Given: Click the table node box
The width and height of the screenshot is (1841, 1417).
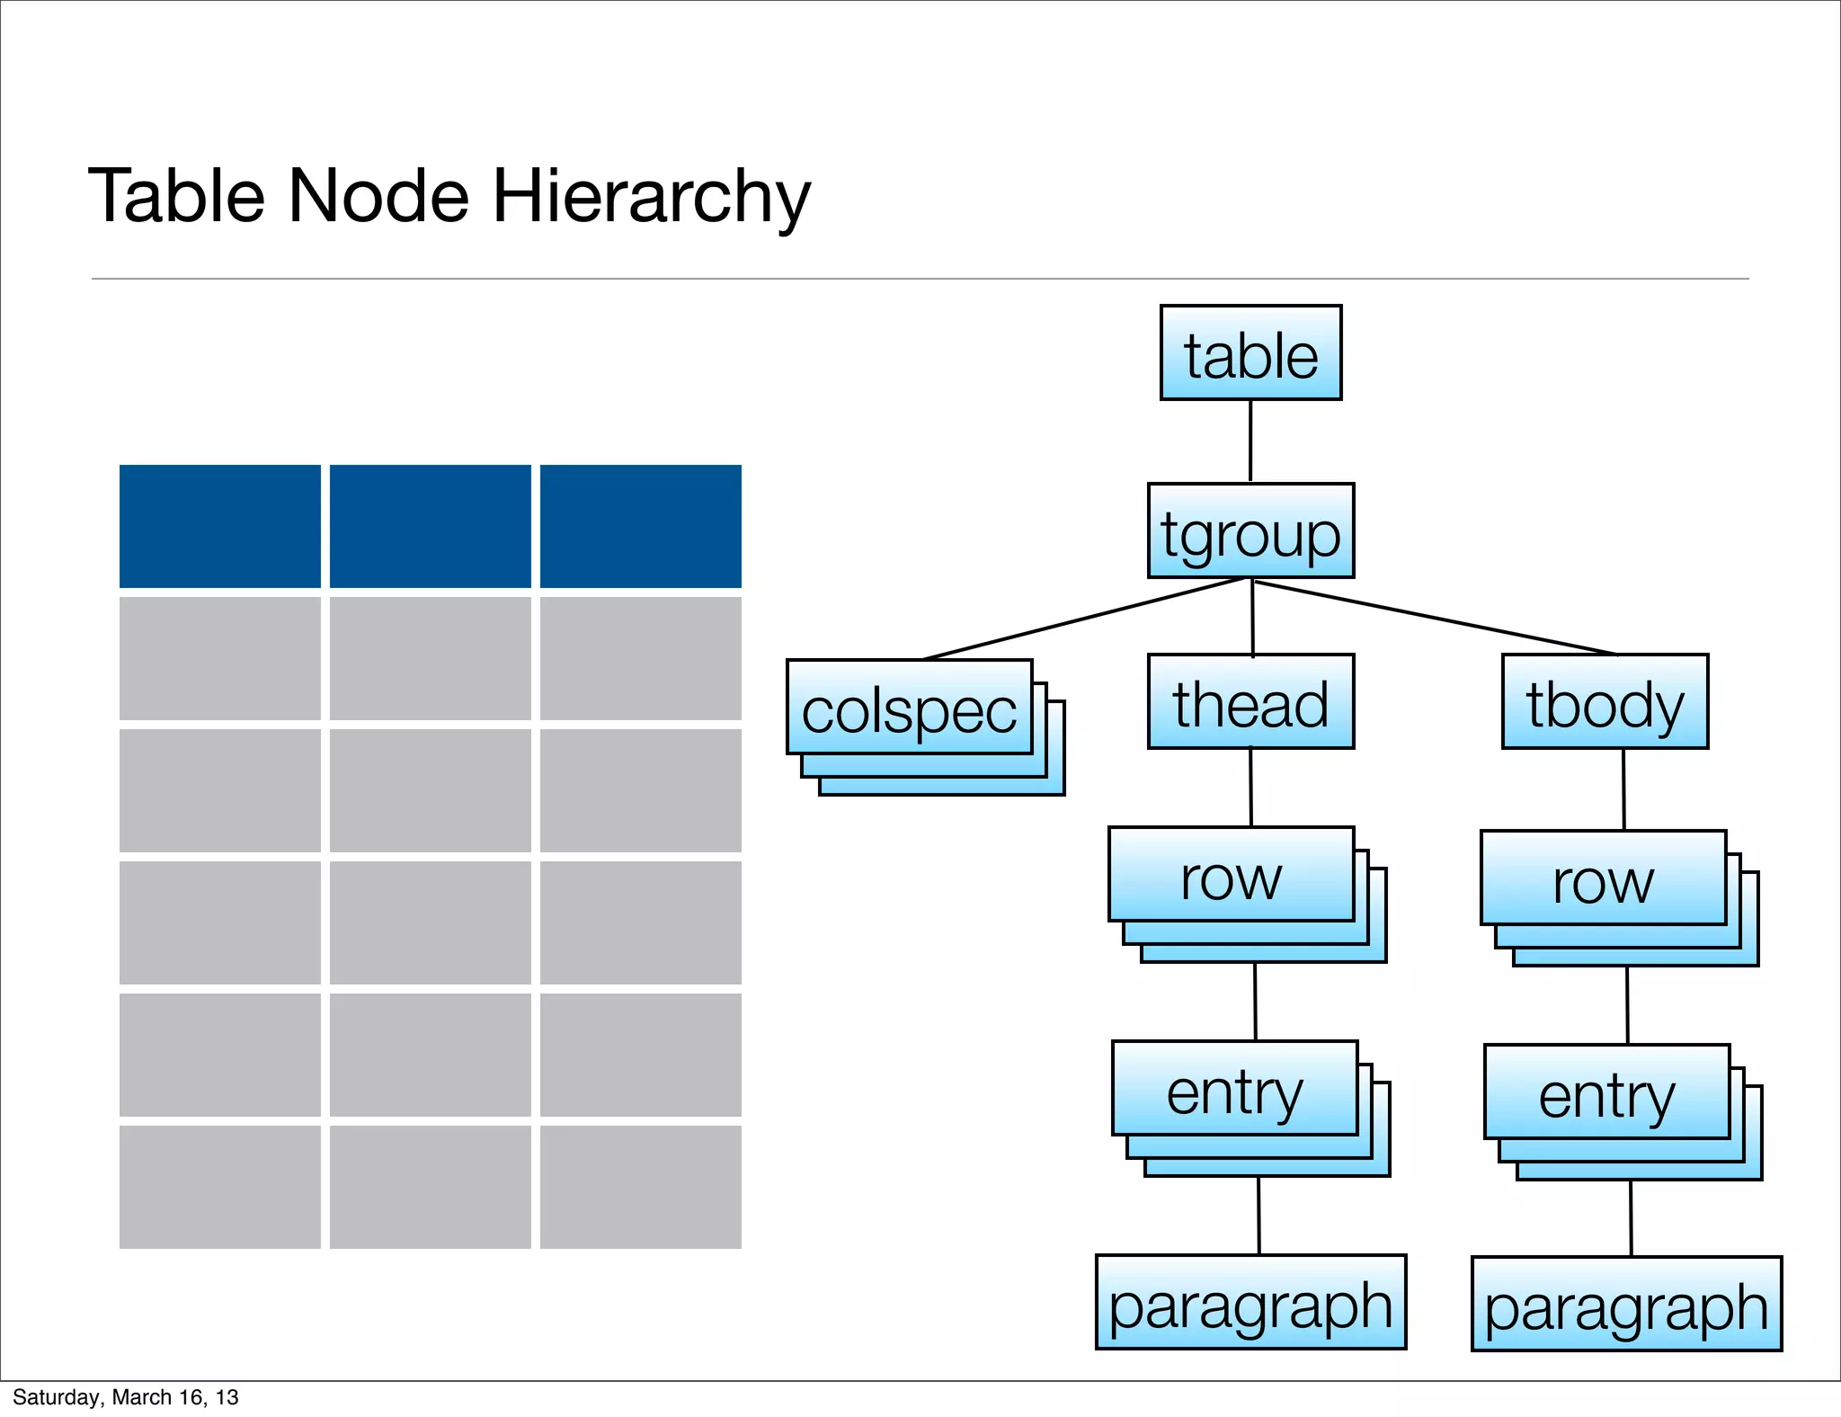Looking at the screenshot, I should pyautogui.click(x=1250, y=352).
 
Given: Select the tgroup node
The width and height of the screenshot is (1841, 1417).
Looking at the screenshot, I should pyautogui.click(x=1250, y=530).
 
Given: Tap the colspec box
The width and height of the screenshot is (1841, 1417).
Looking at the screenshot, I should pyautogui.click(x=909, y=708).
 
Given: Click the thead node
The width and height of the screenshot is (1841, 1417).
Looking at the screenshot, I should pyautogui.click(x=1250, y=701).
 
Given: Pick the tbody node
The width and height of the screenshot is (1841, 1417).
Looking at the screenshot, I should pyautogui.click(x=1605, y=701).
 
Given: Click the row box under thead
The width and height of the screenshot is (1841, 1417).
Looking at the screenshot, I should pyautogui.click(x=1231, y=875).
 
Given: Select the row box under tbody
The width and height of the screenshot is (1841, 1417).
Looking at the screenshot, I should pyautogui.click(x=1603, y=878).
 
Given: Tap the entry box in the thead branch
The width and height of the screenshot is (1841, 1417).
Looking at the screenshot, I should pyautogui.click(x=1234, y=1089).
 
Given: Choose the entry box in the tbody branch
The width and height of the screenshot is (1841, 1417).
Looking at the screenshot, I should pyautogui.click(x=1606, y=1092).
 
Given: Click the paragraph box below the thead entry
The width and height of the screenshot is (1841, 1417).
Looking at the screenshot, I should pyautogui.click(x=1250, y=1302).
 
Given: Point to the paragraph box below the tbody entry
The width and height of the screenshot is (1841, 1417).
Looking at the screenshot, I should pyautogui.click(x=1626, y=1304).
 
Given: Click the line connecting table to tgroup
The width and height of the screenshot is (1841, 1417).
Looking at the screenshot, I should pyautogui.click(x=1250, y=441).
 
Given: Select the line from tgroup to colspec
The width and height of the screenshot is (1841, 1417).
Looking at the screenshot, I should pyautogui.click(x=1083, y=619).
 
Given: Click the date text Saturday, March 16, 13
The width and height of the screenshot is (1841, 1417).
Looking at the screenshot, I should pyautogui.click(x=125, y=1397).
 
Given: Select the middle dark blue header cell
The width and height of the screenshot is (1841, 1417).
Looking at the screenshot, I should pyautogui.click(x=430, y=526).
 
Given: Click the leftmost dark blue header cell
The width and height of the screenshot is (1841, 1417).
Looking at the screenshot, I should pyautogui.click(x=219, y=526).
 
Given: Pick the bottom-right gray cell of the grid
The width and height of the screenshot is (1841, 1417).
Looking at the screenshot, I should pyautogui.click(x=640, y=1187).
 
